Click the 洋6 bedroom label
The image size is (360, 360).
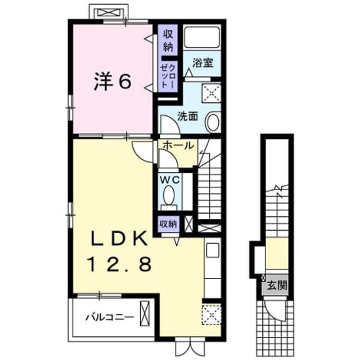coord(112,82)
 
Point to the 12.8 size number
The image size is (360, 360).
coord(119,264)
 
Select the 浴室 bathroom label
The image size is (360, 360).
coord(203,62)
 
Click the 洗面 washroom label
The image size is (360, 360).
coord(188,117)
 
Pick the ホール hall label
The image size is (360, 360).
coord(178,145)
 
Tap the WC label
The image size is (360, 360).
coord(170,180)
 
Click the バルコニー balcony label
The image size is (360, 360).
coord(110,317)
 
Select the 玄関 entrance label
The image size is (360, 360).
coord(277,285)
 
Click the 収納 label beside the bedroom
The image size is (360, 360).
coord(168,41)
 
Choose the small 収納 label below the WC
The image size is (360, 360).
coord(169,224)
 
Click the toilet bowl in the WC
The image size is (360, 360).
coord(169,195)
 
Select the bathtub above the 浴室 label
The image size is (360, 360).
coord(202,37)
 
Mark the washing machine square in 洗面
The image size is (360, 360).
coord(211,93)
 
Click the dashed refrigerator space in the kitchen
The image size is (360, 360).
coord(211,315)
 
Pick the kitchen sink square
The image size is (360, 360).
coord(213,250)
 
